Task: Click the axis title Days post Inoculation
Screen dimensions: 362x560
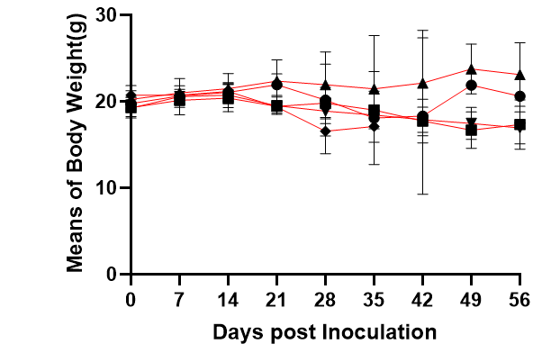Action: pos(325,331)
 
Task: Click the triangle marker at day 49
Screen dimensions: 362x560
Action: pos(471,68)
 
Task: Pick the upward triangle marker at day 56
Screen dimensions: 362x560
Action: pos(519,74)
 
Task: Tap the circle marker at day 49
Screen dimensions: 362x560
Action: pos(471,86)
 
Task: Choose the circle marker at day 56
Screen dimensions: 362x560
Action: pos(519,96)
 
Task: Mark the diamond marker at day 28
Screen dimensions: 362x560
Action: pos(325,131)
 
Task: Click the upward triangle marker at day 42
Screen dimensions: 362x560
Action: pos(422,83)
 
